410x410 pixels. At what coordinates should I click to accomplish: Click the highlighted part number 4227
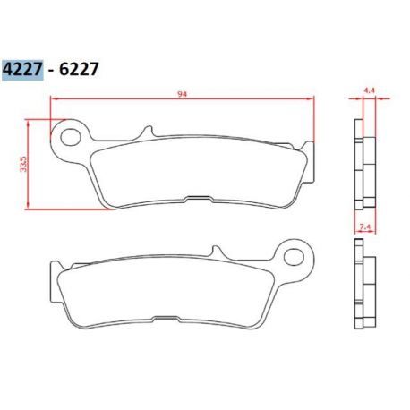22,70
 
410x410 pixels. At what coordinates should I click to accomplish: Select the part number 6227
79,70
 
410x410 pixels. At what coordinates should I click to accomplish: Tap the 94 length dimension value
182,94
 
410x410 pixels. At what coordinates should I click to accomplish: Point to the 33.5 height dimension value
23,164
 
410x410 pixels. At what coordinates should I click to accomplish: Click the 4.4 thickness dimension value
369,90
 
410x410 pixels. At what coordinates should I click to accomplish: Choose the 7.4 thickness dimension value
365,227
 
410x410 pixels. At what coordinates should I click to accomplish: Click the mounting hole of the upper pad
71,137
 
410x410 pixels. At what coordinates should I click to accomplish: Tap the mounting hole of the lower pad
294,257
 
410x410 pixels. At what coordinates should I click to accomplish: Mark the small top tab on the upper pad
148,131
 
